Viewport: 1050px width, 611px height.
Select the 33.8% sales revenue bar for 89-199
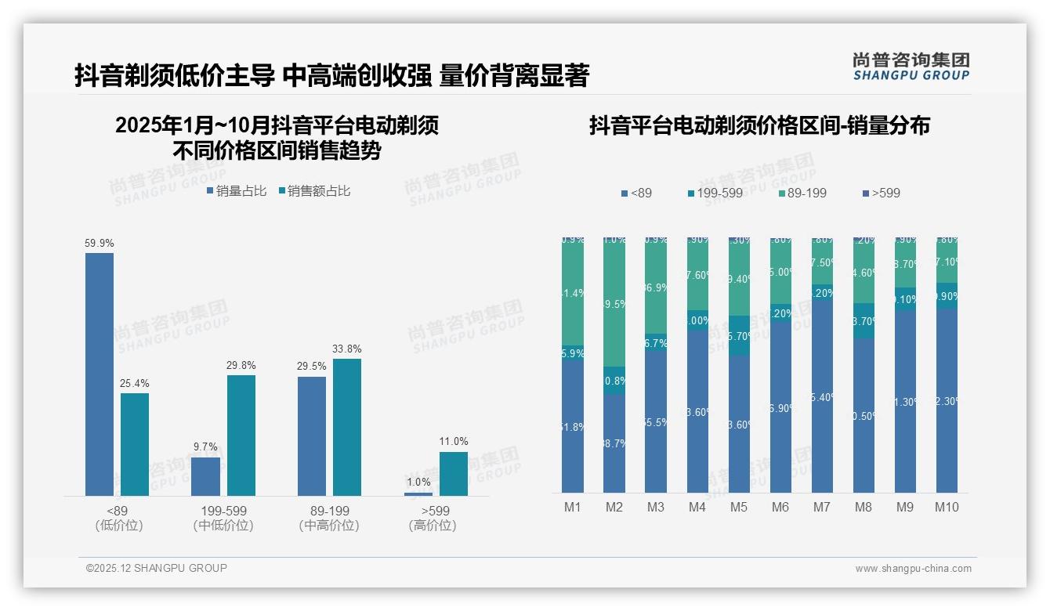point(346,427)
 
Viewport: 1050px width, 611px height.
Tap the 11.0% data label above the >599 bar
point(453,442)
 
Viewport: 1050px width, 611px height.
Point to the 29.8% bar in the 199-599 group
point(241,435)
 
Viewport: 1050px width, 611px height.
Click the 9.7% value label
point(205,446)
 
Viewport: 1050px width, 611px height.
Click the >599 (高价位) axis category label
point(432,518)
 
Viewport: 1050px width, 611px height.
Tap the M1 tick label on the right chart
point(573,507)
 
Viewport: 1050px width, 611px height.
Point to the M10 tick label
point(946,507)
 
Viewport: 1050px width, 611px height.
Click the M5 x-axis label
point(739,507)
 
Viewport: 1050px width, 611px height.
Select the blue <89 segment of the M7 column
point(822,396)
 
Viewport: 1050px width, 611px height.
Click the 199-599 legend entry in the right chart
point(715,193)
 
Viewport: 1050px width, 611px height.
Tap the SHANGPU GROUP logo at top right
point(911,67)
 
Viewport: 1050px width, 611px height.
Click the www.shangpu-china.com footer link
point(913,569)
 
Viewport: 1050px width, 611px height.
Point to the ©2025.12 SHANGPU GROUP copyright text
point(156,568)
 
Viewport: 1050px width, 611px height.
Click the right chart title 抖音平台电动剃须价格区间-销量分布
point(759,125)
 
